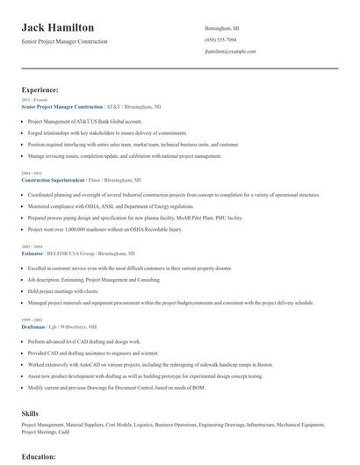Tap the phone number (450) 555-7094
pyautogui.click(x=220, y=39)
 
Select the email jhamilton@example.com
pyautogui.click(x=230, y=51)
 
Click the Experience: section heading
pyautogui.click(x=40, y=89)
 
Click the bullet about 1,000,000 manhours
pyautogui.click(x=105, y=228)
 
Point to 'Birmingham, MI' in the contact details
pyautogui.click(x=221, y=28)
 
